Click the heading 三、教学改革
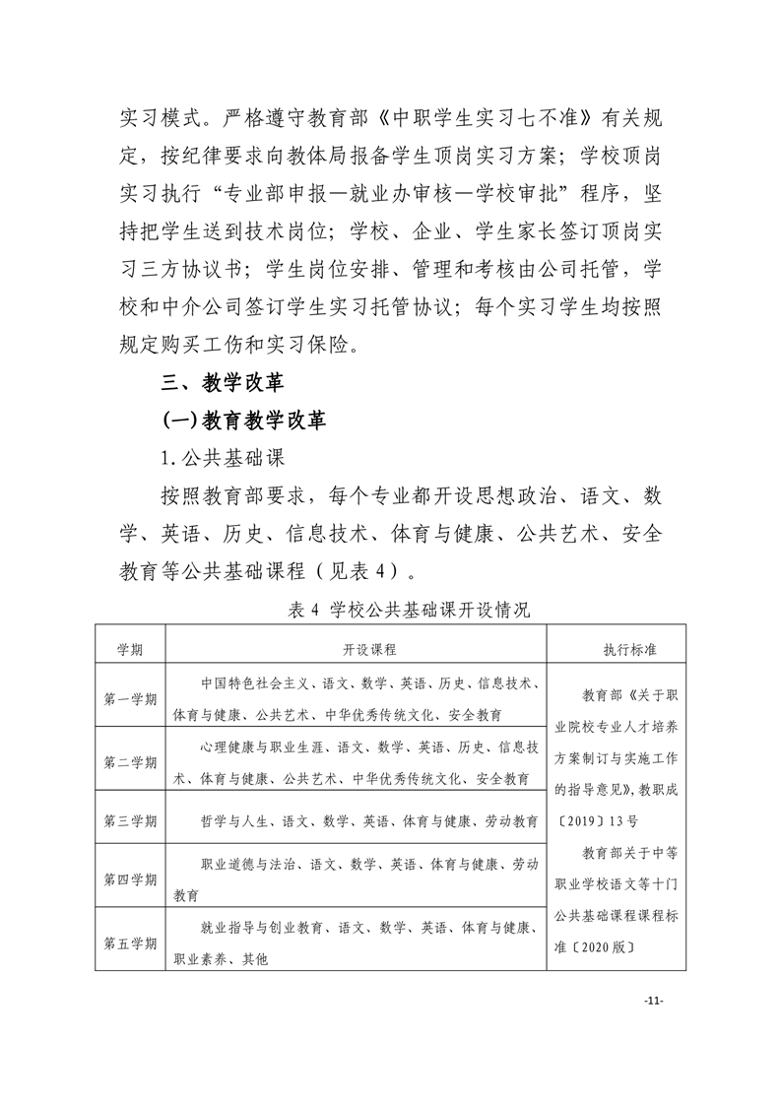pyautogui.click(x=223, y=382)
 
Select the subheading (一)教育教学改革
pyautogui.click(x=243, y=421)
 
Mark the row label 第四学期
pyautogui.click(x=130, y=878)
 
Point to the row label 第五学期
pyautogui.click(x=130, y=942)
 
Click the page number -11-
pyautogui.click(x=653, y=1001)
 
